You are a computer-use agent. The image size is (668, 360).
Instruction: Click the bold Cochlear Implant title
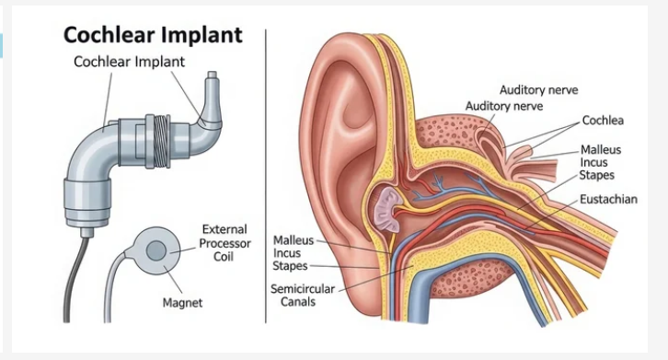pos(152,36)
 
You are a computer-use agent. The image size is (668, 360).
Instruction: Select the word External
pos(225,229)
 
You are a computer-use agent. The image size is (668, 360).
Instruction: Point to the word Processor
pos(225,243)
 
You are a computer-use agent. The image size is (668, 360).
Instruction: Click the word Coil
pos(224,257)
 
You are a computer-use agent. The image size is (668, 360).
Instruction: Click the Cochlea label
pos(604,121)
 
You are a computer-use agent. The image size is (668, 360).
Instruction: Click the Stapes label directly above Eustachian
pos(598,175)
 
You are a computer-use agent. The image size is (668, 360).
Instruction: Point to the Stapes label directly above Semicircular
pos(291,266)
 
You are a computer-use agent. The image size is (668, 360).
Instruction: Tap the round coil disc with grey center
pos(155,250)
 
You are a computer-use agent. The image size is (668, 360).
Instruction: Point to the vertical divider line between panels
pos(266,175)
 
